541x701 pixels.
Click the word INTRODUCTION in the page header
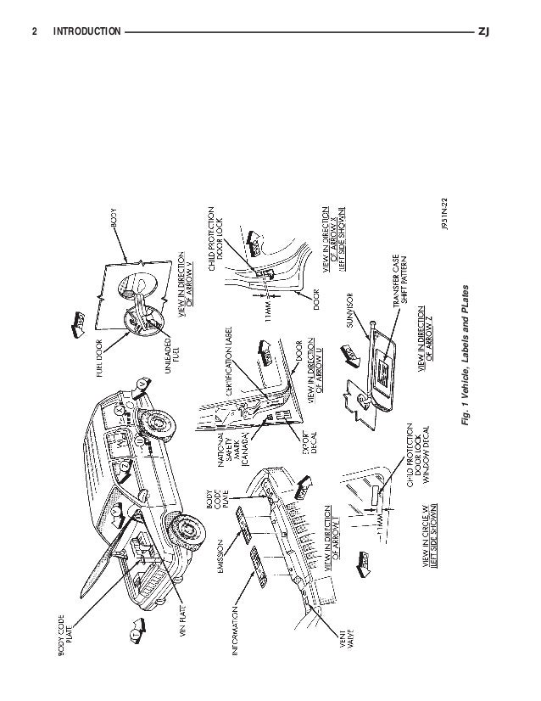point(86,32)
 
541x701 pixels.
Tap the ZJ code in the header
point(484,32)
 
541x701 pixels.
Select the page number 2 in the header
point(35,32)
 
